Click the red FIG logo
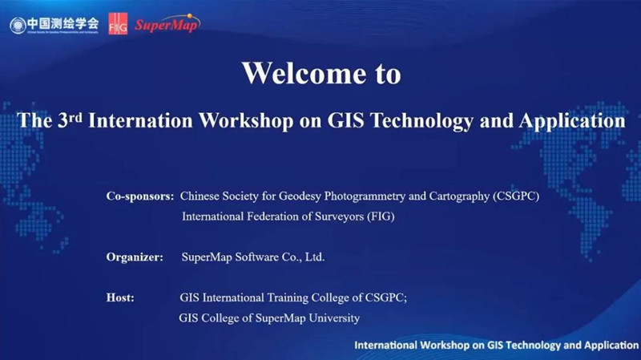point(118,24)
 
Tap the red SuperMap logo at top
point(167,24)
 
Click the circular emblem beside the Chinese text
point(18,26)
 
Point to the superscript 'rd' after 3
point(75,117)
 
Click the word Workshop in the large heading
point(246,121)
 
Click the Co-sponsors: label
point(140,196)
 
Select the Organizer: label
point(135,257)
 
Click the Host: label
point(120,297)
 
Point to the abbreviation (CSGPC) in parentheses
point(516,196)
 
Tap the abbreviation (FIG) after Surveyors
point(381,216)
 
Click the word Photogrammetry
point(365,196)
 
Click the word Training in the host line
point(288,297)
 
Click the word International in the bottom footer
point(385,346)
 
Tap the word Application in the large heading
point(572,122)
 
